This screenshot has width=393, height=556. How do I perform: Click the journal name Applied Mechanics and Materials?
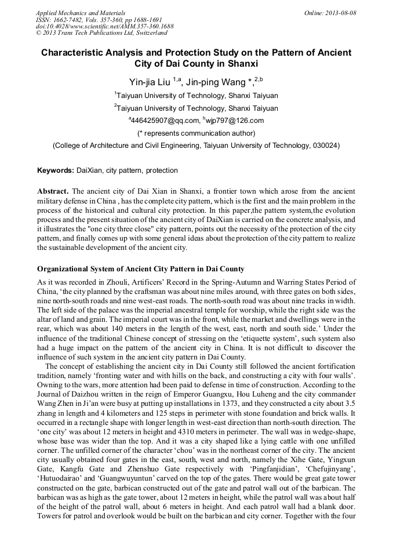tap(80, 12)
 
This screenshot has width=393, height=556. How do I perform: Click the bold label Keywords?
tap(56, 170)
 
